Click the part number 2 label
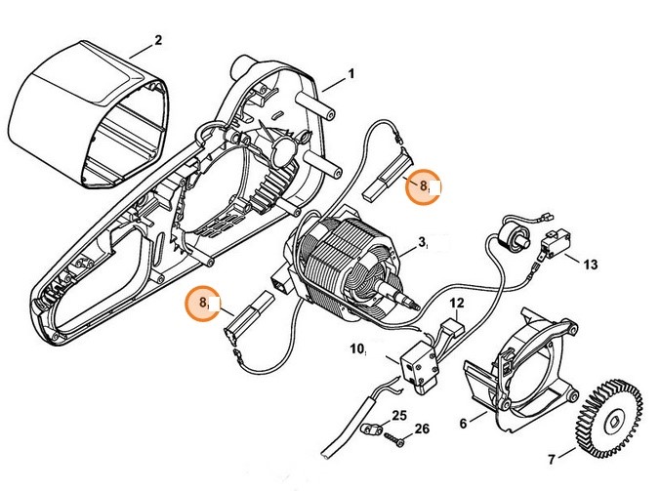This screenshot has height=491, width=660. pyautogui.click(x=157, y=41)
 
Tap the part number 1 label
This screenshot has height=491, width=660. pyautogui.click(x=351, y=74)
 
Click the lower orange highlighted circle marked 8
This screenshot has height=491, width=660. pyautogui.click(x=204, y=304)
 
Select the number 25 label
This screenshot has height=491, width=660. pyautogui.click(x=398, y=416)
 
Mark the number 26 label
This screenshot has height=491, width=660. pyautogui.click(x=421, y=428)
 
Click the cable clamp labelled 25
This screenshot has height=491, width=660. pyautogui.click(x=370, y=426)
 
